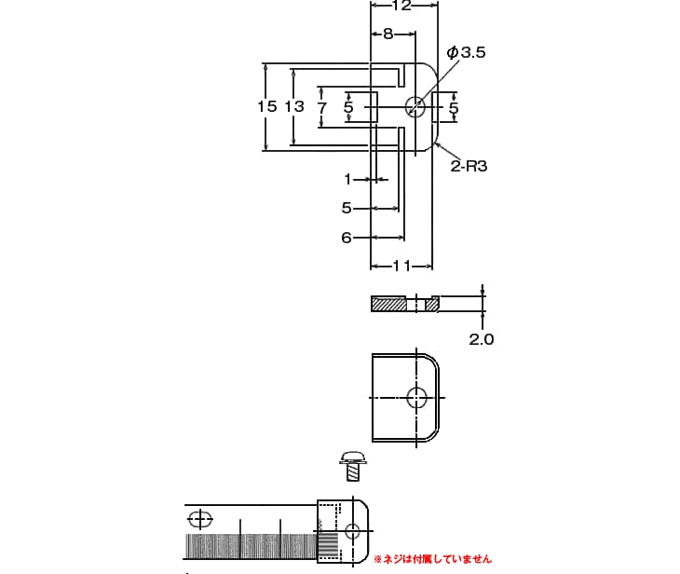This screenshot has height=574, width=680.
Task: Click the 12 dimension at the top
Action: (x=401, y=6)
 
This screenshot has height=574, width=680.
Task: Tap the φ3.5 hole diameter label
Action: (x=467, y=53)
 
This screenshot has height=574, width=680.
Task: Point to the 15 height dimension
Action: (x=267, y=106)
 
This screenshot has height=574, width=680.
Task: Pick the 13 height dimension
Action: (x=294, y=106)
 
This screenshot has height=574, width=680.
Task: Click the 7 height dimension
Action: (x=322, y=108)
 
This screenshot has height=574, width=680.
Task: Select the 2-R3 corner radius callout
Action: (x=469, y=166)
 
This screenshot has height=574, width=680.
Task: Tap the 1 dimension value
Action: (x=348, y=179)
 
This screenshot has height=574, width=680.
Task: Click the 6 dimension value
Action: (x=346, y=238)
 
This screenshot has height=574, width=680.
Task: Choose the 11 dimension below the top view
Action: (x=401, y=266)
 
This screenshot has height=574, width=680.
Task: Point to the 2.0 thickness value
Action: (x=481, y=339)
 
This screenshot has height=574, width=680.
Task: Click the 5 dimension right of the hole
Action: (x=454, y=108)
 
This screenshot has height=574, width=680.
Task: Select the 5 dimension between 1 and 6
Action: (x=347, y=208)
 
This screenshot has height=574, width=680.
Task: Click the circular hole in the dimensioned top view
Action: (x=415, y=107)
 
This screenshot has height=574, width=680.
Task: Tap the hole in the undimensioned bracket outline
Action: (x=416, y=398)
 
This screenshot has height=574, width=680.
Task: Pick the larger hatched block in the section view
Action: (x=388, y=304)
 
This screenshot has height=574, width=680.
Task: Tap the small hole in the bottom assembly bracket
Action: (x=352, y=531)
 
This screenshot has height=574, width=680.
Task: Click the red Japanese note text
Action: (x=432, y=559)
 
